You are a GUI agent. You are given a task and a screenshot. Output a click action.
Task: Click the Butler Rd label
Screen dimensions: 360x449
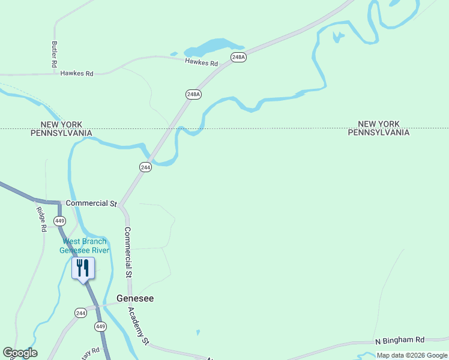coord(54,54)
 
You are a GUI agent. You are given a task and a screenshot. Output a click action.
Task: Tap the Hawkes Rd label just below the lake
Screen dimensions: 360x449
coord(201,62)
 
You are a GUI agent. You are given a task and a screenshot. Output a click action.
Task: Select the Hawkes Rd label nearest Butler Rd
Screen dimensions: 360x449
coord(77,73)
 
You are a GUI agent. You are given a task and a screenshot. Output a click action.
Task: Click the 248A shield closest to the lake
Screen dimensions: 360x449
coord(238,57)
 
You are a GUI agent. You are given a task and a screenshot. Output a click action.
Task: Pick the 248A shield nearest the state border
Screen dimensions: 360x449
coord(193,94)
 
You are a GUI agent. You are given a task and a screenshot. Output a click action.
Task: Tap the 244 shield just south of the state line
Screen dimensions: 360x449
coord(145,167)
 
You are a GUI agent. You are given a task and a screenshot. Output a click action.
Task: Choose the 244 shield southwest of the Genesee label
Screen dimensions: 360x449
coord(81,313)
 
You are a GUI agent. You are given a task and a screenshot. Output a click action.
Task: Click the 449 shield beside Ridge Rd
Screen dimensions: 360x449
coord(59,221)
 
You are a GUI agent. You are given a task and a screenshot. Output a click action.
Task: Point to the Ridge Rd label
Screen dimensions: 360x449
coord(41,220)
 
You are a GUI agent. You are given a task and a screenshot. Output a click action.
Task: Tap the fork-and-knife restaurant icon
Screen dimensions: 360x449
coord(83,268)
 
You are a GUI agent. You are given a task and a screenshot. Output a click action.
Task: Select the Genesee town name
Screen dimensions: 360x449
coord(134,298)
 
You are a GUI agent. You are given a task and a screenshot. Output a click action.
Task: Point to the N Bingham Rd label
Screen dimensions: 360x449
coord(399,340)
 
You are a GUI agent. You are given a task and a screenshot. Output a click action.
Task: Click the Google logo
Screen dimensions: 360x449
coord(20,353)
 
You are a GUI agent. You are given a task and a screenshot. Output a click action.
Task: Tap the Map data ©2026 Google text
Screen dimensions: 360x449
coord(412,355)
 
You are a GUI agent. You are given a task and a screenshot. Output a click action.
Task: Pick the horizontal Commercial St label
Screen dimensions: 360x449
coord(91,203)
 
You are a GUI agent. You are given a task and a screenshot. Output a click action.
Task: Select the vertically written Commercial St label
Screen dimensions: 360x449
coord(128,252)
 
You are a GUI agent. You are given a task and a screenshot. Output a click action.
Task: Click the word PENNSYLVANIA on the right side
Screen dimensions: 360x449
coord(379,133)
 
